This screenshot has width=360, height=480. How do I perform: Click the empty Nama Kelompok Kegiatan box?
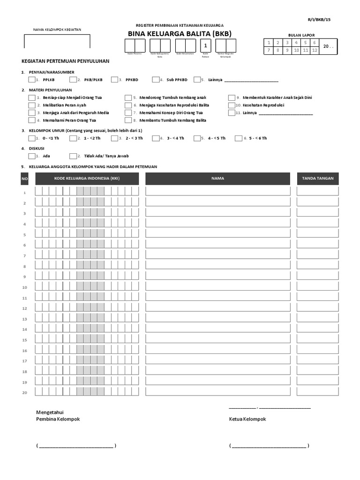click(x=57, y=41)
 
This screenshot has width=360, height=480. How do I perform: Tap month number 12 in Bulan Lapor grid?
click(x=314, y=50)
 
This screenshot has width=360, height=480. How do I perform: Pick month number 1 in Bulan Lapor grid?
click(x=269, y=43)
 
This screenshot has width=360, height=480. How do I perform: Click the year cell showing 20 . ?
click(x=329, y=46)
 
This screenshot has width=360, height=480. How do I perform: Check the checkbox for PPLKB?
click(x=32, y=80)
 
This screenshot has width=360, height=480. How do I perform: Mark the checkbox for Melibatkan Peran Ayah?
click(x=32, y=105)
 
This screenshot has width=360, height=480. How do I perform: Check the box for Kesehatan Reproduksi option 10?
click(x=232, y=105)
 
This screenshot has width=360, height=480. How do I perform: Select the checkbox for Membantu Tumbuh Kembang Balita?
click(x=128, y=120)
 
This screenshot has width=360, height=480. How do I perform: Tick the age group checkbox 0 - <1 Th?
click(x=32, y=138)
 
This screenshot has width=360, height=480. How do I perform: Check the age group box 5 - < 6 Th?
click(x=239, y=138)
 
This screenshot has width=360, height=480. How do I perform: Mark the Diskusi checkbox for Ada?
click(x=32, y=156)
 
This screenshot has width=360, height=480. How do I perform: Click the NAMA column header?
click(x=217, y=179)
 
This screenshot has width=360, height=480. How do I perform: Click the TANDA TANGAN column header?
click(x=318, y=179)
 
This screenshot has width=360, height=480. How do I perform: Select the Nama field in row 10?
click(x=217, y=287)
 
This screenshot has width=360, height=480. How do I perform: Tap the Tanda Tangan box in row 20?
click(x=318, y=392)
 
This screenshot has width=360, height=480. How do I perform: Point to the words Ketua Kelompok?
click(x=247, y=419)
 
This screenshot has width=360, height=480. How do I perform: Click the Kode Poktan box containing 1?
click(x=205, y=45)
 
